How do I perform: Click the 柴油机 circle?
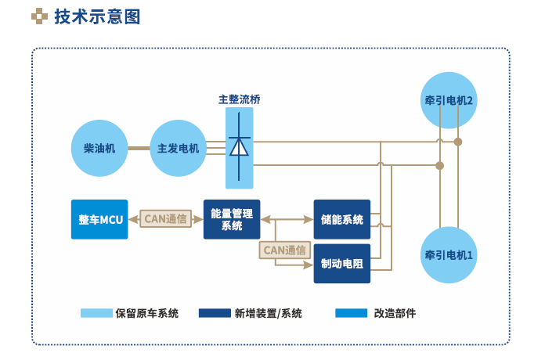99,148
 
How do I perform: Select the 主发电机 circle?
178,148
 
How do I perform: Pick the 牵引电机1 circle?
449,255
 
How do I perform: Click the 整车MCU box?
99,219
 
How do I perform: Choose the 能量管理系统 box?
232,219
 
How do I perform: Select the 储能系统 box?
342,219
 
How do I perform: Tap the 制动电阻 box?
342,264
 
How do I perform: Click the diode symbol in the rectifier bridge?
239,147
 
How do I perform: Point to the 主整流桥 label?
239,100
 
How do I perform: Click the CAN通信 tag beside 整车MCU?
165,219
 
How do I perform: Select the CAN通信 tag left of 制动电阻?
284,250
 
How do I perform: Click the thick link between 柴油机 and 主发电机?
139,148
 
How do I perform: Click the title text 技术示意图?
97,16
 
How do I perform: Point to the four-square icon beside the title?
38,16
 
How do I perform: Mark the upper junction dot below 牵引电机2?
459,142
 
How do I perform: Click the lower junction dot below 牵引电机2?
440,165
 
